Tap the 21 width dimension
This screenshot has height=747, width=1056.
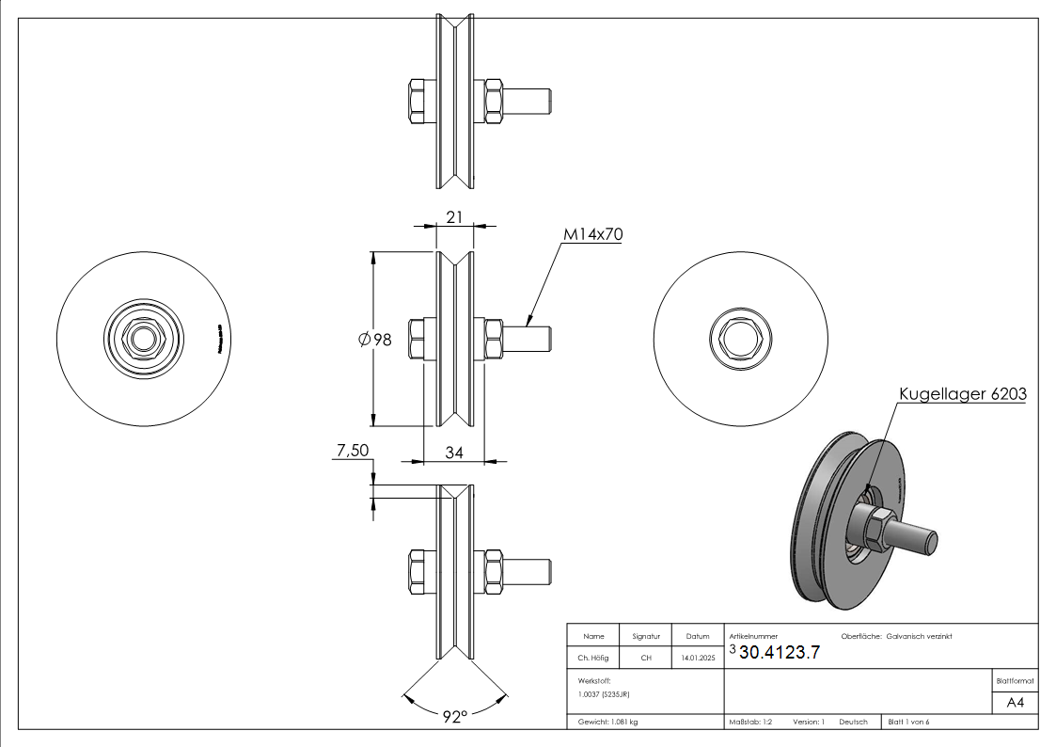454,217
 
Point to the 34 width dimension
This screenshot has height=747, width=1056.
454,453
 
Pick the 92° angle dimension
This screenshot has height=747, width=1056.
454,717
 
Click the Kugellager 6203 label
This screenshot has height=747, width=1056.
962,395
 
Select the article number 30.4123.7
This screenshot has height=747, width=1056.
780,654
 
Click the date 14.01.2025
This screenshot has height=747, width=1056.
697,659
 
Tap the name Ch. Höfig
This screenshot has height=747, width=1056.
592,659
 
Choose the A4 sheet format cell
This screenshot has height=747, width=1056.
1016,703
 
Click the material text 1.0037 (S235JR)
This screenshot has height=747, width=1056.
603,693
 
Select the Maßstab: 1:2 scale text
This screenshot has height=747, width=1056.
750,722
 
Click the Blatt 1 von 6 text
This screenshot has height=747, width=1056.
908,722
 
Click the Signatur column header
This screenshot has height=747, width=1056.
646,637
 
